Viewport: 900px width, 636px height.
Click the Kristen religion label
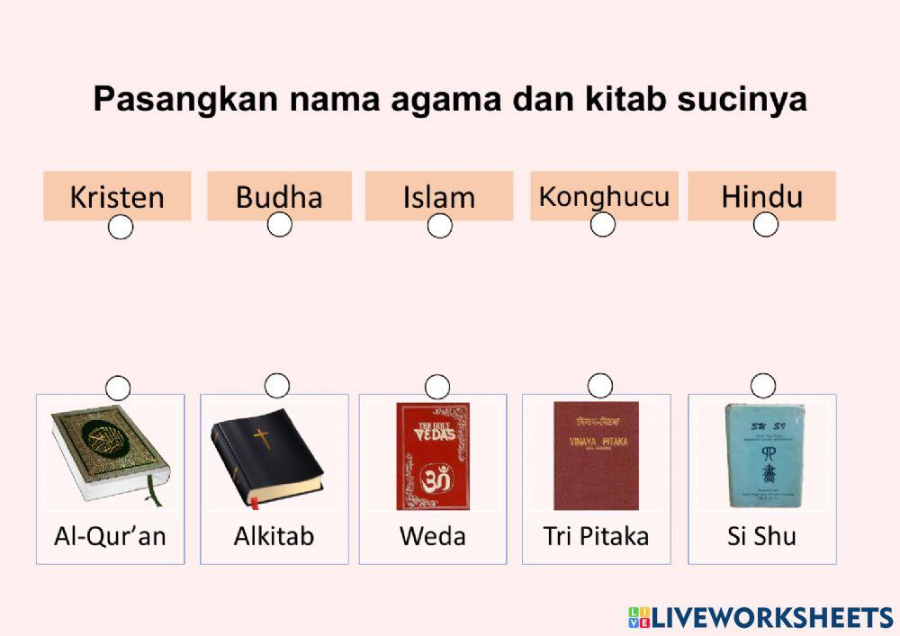click(117, 196)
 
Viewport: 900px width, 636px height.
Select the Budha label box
click(279, 196)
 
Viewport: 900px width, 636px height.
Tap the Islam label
click(438, 196)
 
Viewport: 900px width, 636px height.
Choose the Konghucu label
click(604, 195)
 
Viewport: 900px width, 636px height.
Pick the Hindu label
click(761, 196)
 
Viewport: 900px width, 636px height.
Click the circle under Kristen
click(120, 228)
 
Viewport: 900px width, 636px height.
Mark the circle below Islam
click(439, 226)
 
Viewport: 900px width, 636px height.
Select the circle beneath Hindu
click(765, 225)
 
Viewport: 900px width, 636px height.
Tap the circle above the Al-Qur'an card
click(118, 388)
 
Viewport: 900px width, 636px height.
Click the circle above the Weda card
click(437, 387)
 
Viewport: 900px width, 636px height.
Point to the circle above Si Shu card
click(763, 386)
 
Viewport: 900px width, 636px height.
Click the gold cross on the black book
click(262, 439)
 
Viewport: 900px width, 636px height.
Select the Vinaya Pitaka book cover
click(596, 455)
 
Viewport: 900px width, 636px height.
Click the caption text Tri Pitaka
click(596, 537)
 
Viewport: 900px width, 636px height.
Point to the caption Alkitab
click(274, 537)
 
